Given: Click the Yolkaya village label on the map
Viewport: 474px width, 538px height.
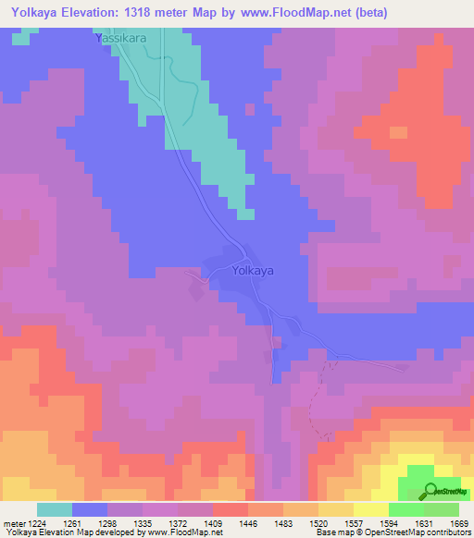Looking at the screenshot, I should pyautogui.click(x=252, y=272).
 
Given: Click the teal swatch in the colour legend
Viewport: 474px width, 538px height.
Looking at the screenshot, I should pyautogui.click(x=54, y=509).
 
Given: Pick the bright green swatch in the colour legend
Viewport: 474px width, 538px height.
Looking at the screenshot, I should pyautogui.click(x=405, y=509).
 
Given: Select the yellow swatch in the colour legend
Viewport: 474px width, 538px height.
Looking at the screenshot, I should pyautogui.click(x=370, y=509).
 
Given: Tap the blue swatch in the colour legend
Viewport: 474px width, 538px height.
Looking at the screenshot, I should pyautogui.click(x=89, y=509).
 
